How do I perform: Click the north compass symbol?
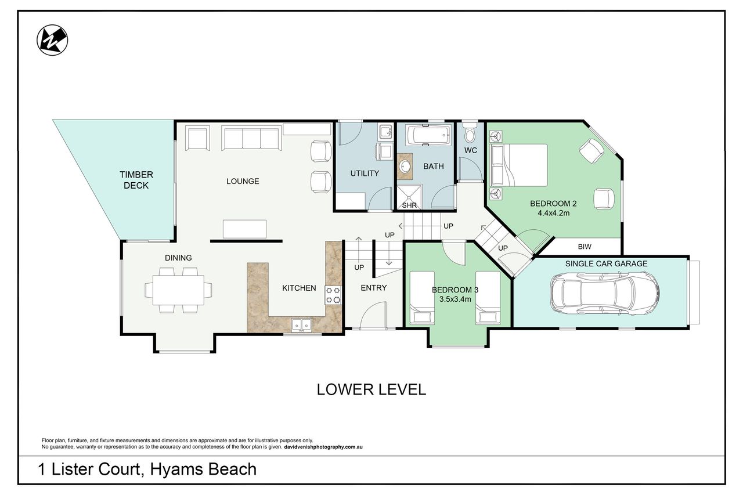pos(52,40)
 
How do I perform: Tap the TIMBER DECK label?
pos(136,180)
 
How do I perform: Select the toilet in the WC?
pos(470,133)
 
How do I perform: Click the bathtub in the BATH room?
pos(428,135)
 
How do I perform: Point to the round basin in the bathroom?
pos(405,167)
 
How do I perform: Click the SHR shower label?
pos(409,205)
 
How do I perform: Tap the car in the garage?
pos(605,294)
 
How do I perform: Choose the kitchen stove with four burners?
pos(333,295)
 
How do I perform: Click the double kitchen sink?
pos(301,325)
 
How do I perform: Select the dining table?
pos(178,290)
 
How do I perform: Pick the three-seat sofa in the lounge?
pos(251,138)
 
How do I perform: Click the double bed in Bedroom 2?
pos(519,165)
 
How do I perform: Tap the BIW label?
pos(585,247)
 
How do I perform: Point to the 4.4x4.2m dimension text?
pos(553,213)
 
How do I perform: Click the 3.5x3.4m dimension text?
pos(455,299)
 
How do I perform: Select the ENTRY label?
pos(373,288)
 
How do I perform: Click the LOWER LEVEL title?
pos(371,389)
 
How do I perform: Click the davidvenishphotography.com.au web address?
pos(323,447)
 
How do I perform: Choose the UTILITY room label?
pos(365,174)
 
